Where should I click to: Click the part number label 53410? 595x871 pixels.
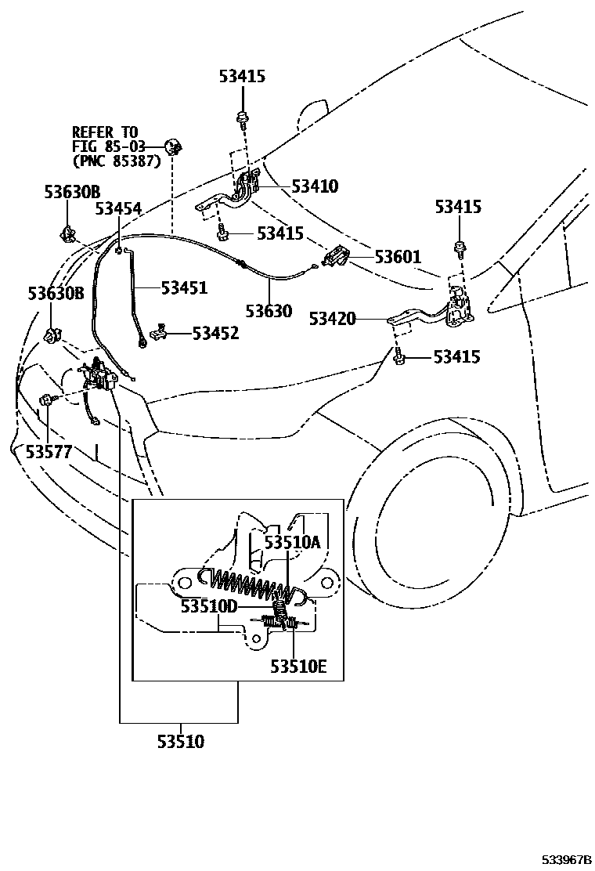coord(315,186)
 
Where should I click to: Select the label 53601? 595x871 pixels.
coord(397,256)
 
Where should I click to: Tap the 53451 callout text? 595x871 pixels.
coord(184,287)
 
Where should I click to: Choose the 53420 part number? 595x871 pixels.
coord(332,318)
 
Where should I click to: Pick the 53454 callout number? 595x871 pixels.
coord(118,208)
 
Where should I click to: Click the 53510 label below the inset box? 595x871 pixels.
coord(178,741)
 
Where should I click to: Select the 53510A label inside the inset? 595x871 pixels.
coord(291,541)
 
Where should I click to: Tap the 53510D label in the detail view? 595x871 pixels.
coord(208,606)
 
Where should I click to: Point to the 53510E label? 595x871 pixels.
coord(298,667)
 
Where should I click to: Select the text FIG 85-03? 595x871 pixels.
coord(109,146)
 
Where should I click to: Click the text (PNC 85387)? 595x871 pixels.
coord(116,161)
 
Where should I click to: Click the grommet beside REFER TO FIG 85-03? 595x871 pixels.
coord(171,146)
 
